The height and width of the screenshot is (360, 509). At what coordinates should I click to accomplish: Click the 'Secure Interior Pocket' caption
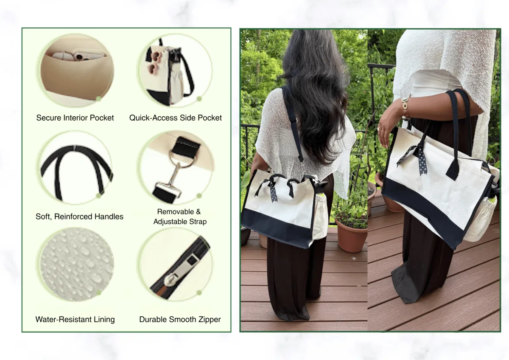(x=75, y=118)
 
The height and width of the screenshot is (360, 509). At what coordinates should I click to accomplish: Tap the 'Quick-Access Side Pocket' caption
(x=176, y=118)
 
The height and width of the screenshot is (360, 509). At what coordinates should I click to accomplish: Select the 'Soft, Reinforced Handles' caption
(x=79, y=217)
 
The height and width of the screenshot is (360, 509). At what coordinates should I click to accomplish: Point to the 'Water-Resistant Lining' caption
(x=75, y=319)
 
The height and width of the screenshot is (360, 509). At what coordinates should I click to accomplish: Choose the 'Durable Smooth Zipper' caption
(x=180, y=319)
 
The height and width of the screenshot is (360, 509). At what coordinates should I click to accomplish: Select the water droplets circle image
(x=76, y=264)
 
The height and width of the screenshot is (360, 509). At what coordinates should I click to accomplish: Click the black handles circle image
(x=76, y=168)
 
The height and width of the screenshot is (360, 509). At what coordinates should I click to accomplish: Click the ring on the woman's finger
(x=378, y=129)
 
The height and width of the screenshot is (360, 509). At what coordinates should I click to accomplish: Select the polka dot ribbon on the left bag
(x=268, y=189)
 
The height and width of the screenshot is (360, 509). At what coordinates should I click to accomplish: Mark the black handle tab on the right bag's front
(x=453, y=168)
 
